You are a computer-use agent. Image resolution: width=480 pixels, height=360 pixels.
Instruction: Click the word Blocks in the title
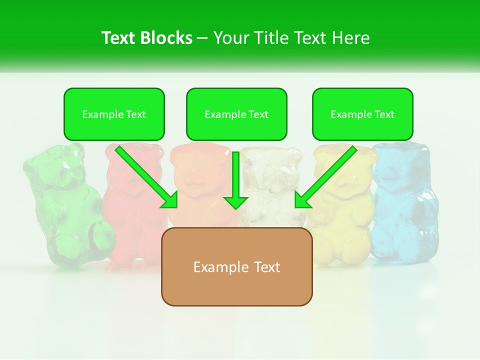click(x=167, y=38)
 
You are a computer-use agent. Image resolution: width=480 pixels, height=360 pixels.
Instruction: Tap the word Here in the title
click(x=352, y=38)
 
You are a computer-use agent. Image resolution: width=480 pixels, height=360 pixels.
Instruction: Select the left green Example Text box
click(x=114, y=114)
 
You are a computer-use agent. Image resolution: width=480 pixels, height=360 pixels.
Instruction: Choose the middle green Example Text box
click(x=236, y=114)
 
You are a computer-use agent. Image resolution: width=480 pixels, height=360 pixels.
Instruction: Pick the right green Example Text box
click(x=362, y=114)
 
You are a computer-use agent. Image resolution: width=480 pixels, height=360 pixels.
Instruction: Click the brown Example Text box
click(x=236, y=266)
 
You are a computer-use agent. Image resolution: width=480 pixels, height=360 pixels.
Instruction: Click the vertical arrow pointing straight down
click(x=236, y=180)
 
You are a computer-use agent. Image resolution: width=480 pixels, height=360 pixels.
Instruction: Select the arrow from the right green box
click(x=326, y=177)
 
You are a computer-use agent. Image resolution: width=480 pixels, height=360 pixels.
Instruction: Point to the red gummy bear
click(x=131, y=210)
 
